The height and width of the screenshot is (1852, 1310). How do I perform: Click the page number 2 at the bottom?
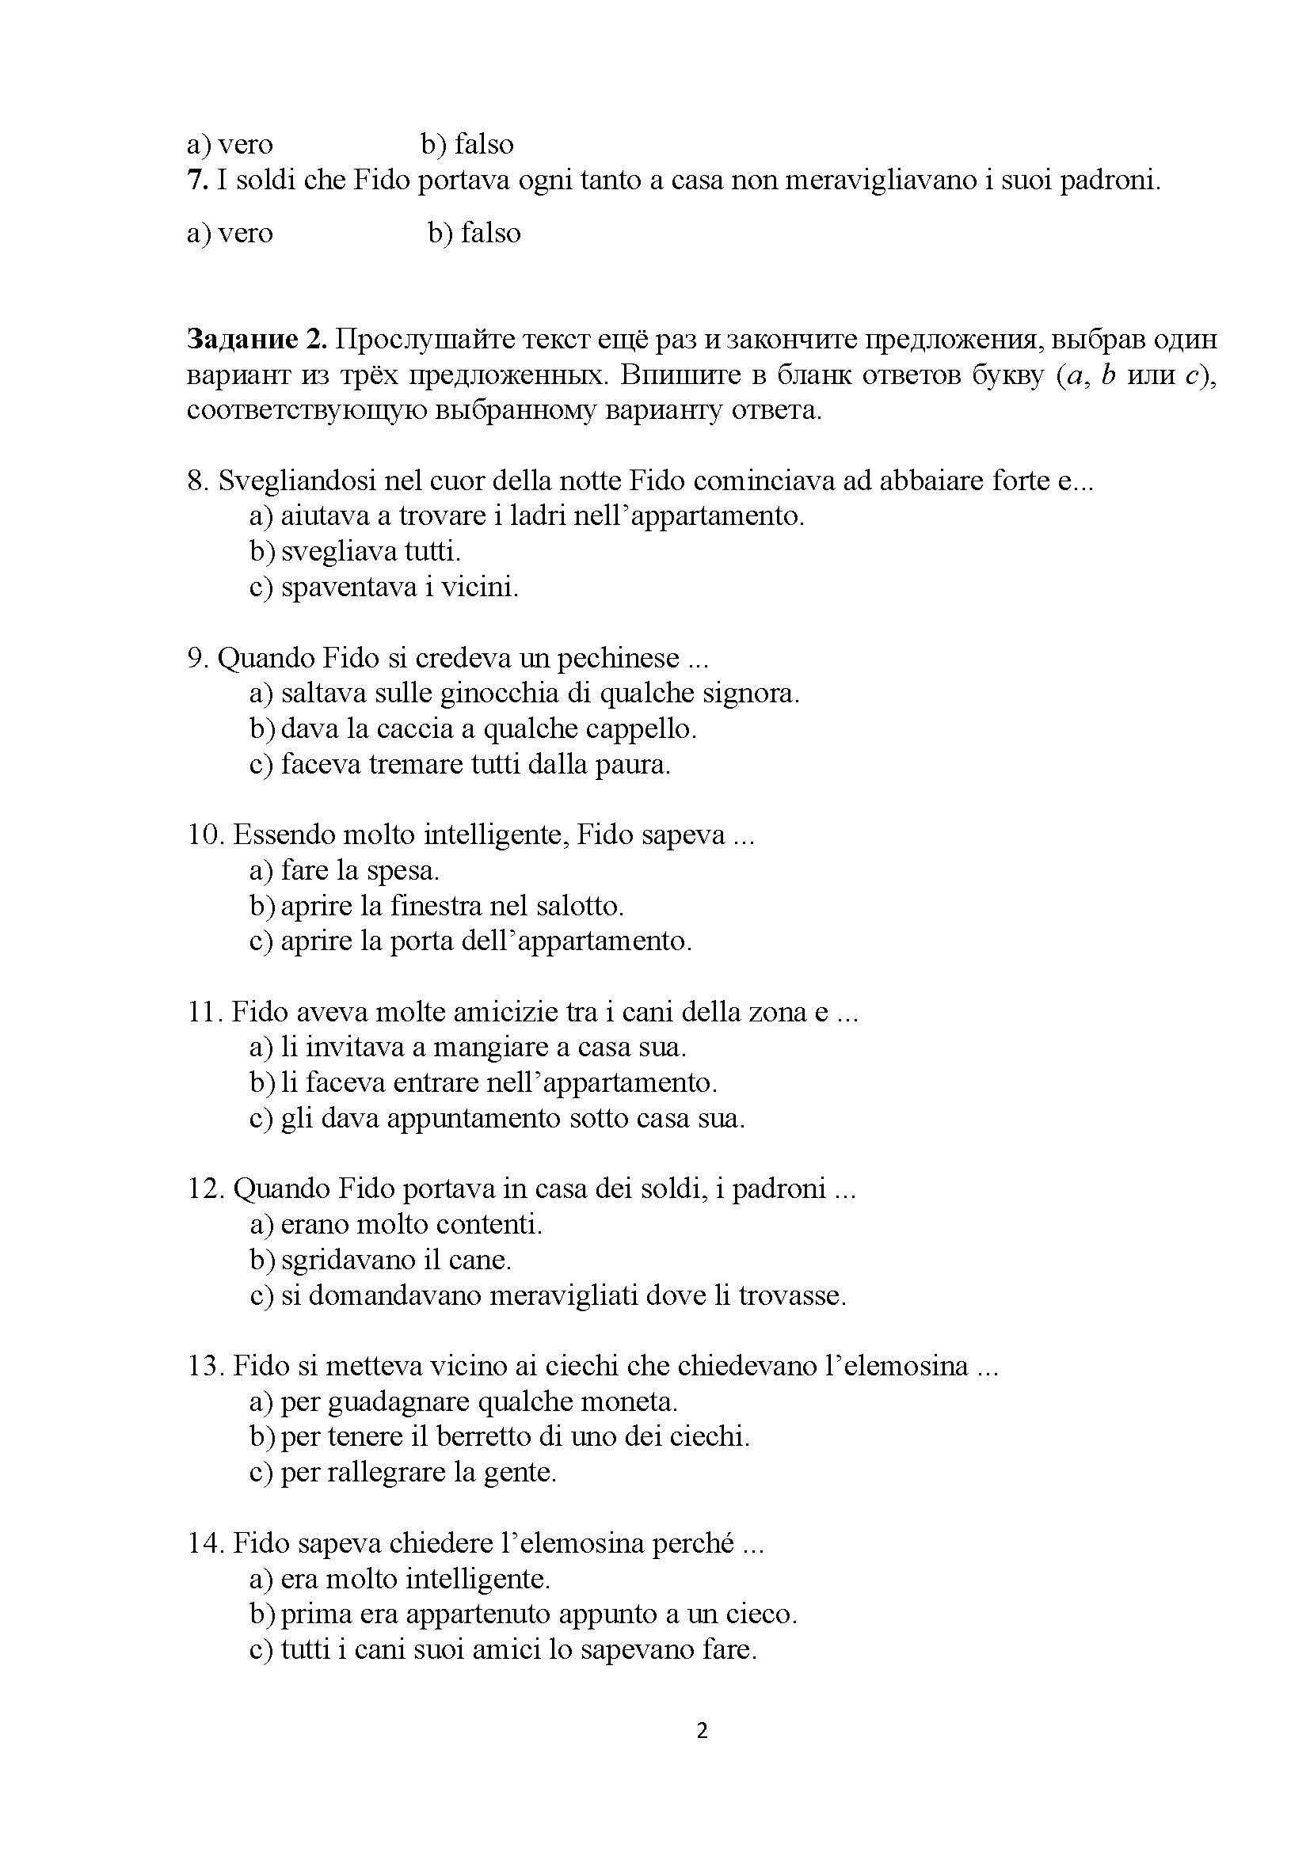tap(702, 1730)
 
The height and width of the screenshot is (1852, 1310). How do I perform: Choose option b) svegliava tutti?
tap(355, 552)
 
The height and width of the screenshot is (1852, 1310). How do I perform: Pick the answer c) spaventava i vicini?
tap(384, 588)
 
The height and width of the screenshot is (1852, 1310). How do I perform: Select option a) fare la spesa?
tap(345, 870)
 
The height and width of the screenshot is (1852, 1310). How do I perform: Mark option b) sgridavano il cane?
tap(381, 1260)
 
